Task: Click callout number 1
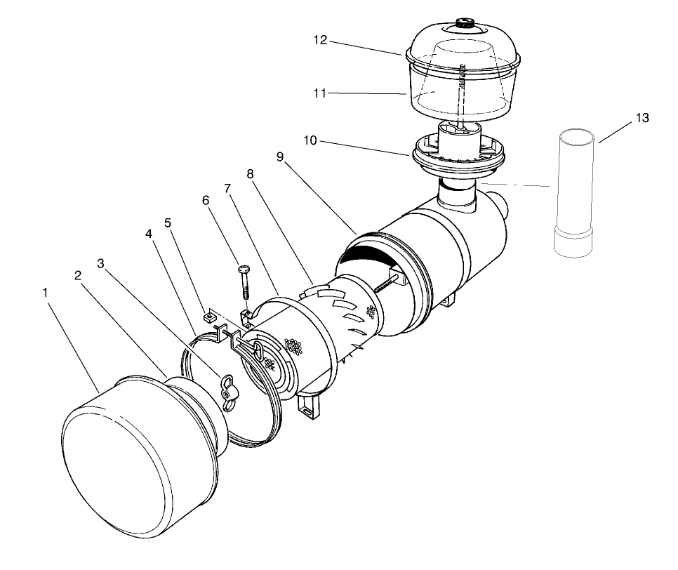pyautogui.click(x=46, y=291)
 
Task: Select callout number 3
pyautogui.click(x=101, y=263)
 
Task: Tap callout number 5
pyautogui.click(x=168, y=223)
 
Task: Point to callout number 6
pyautogui.click(x=206, y=200)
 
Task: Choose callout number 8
pyautogui.click(x=251, y=173)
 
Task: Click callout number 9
pyautogui.click(x=280, y=157)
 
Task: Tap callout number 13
pyautogui.click(x=642, y=119)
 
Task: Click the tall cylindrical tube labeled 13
pyautogui.click(x=574, y=190)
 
